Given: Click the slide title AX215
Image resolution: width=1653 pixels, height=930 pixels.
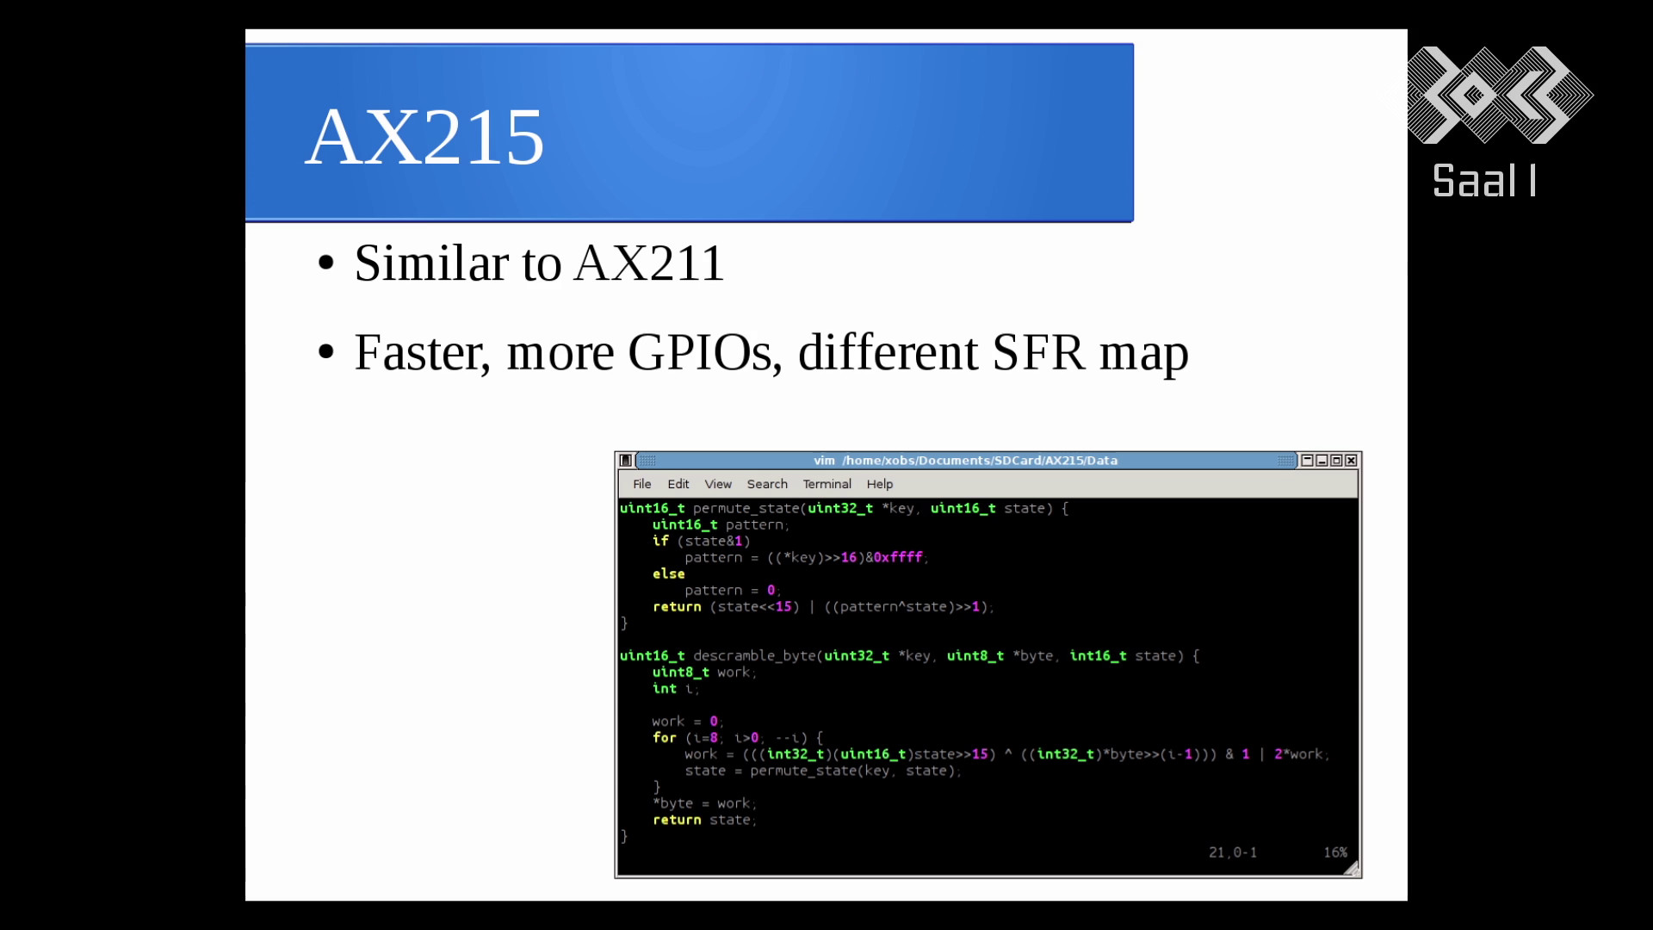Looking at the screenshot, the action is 424,137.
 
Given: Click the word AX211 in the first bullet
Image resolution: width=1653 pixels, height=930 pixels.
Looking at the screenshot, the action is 649,263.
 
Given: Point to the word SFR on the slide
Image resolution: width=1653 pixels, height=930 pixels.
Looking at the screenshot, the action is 1038,352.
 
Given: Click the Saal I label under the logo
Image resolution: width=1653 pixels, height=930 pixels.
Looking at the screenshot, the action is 1484,181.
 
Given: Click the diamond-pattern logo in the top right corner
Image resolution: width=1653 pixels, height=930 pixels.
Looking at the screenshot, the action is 1500,95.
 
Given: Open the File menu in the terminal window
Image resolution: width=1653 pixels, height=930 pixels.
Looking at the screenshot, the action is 642,484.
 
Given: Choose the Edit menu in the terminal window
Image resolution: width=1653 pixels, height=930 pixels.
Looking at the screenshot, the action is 678,484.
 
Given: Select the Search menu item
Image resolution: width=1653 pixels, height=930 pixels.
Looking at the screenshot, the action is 767,484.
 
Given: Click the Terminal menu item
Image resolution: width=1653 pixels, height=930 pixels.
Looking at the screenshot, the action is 827,484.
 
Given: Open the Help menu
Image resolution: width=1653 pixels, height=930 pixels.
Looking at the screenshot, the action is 880,484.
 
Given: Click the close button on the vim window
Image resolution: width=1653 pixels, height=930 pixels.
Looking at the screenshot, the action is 1351,461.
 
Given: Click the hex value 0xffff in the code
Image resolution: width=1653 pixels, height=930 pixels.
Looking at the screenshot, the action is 898,558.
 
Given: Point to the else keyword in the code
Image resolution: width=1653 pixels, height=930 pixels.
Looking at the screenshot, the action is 669,574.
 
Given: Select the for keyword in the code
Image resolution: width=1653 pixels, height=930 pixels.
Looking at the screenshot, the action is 665,738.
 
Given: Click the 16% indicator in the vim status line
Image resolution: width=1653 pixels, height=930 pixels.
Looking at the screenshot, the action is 1335,852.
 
